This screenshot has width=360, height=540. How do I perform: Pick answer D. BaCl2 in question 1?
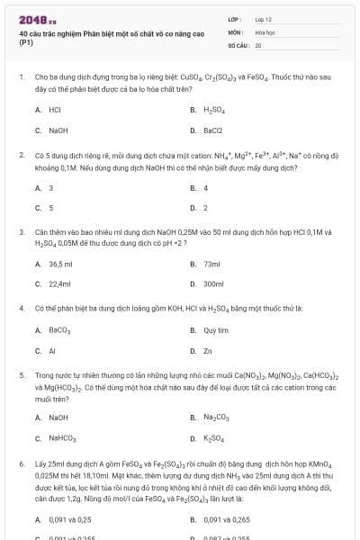[x=212, y=130]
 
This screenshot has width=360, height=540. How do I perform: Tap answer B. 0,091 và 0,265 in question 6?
[x=223, y=519]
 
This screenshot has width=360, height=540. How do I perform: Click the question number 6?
[x=21, y=463]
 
